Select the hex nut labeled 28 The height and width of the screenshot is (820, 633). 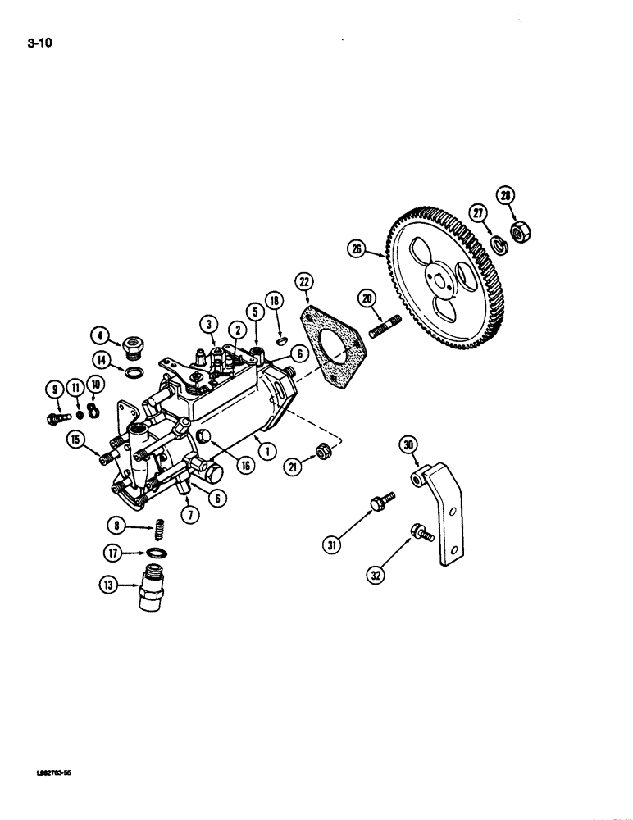coord(518,232)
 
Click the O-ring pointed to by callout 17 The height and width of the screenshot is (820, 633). coord(157,553)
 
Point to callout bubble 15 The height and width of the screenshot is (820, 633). coord(77,440)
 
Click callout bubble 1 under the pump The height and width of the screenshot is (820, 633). coord(262,448)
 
